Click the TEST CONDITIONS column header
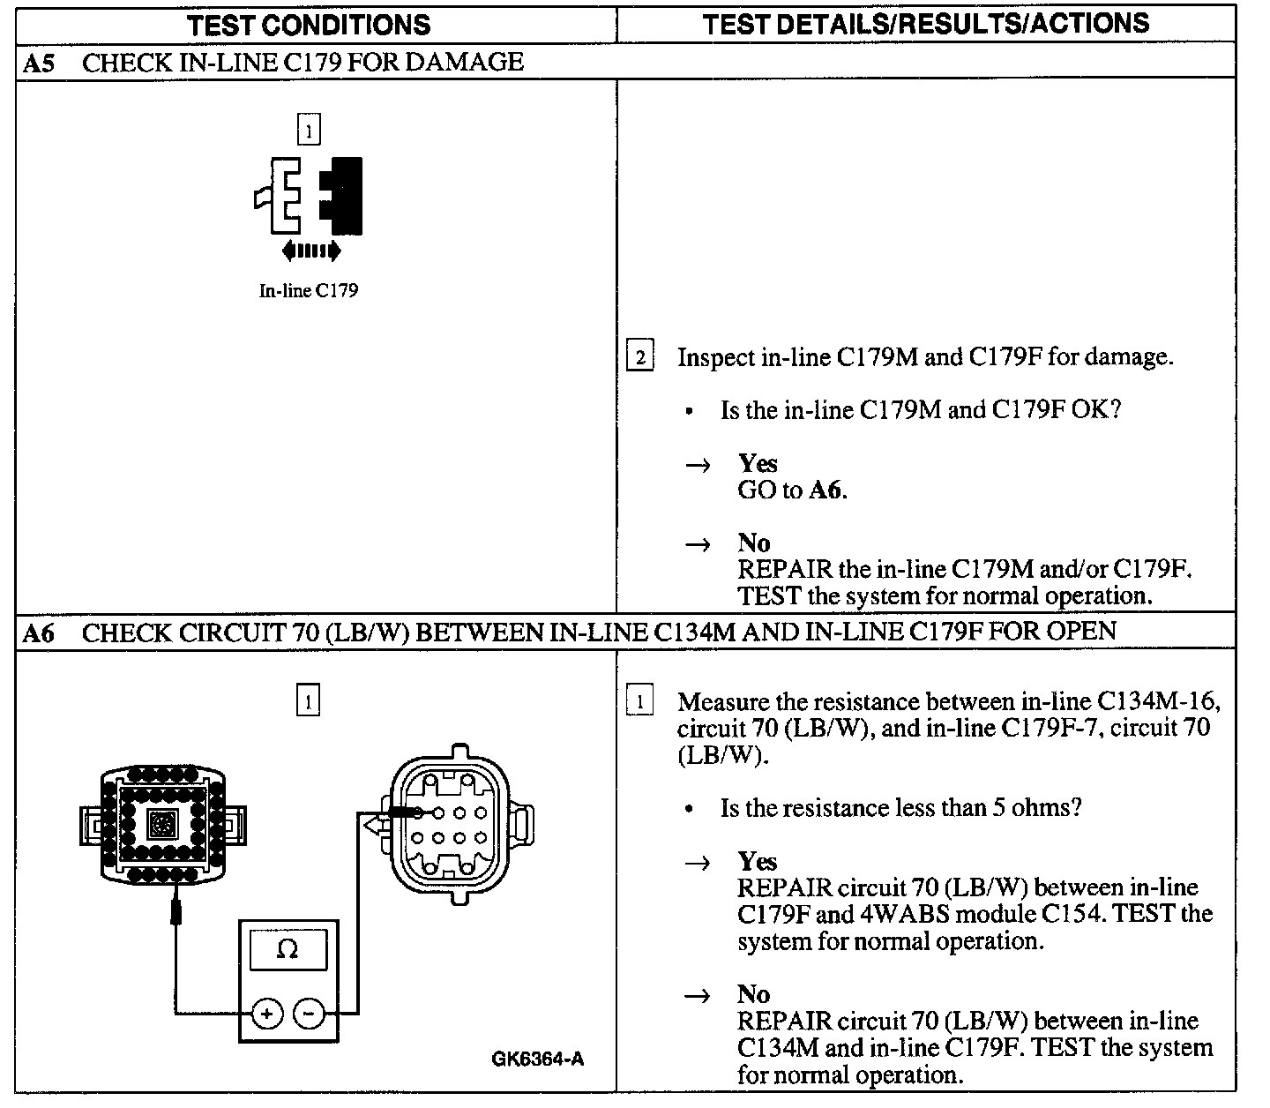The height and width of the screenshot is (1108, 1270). (309, 26)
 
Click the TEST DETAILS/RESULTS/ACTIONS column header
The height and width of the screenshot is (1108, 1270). (925, 24)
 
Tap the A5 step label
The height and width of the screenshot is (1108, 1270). (39, 63)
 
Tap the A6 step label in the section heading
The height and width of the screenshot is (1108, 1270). (39, 633)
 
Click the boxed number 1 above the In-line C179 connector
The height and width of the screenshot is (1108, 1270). (309, 129)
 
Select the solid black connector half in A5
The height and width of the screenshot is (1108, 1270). (341, 196)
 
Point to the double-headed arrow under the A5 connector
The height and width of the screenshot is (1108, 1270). (311, 251)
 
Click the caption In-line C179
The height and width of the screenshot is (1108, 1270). (309, 290)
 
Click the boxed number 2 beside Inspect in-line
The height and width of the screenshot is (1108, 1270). (640, 356)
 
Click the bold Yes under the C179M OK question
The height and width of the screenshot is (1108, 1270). (758, 463)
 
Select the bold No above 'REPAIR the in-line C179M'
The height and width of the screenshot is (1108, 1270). (753, 543)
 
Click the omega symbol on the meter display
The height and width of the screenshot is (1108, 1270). (288, 948)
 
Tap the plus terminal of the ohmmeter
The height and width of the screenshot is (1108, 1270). (267, 1014)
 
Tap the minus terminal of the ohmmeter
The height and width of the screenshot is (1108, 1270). (309, 1014)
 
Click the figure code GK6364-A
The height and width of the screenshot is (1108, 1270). (538, 1059)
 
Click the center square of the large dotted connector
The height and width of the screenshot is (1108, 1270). (163, 825)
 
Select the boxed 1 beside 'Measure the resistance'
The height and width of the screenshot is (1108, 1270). (640, 700)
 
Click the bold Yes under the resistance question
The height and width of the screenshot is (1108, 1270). (758, 861)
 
